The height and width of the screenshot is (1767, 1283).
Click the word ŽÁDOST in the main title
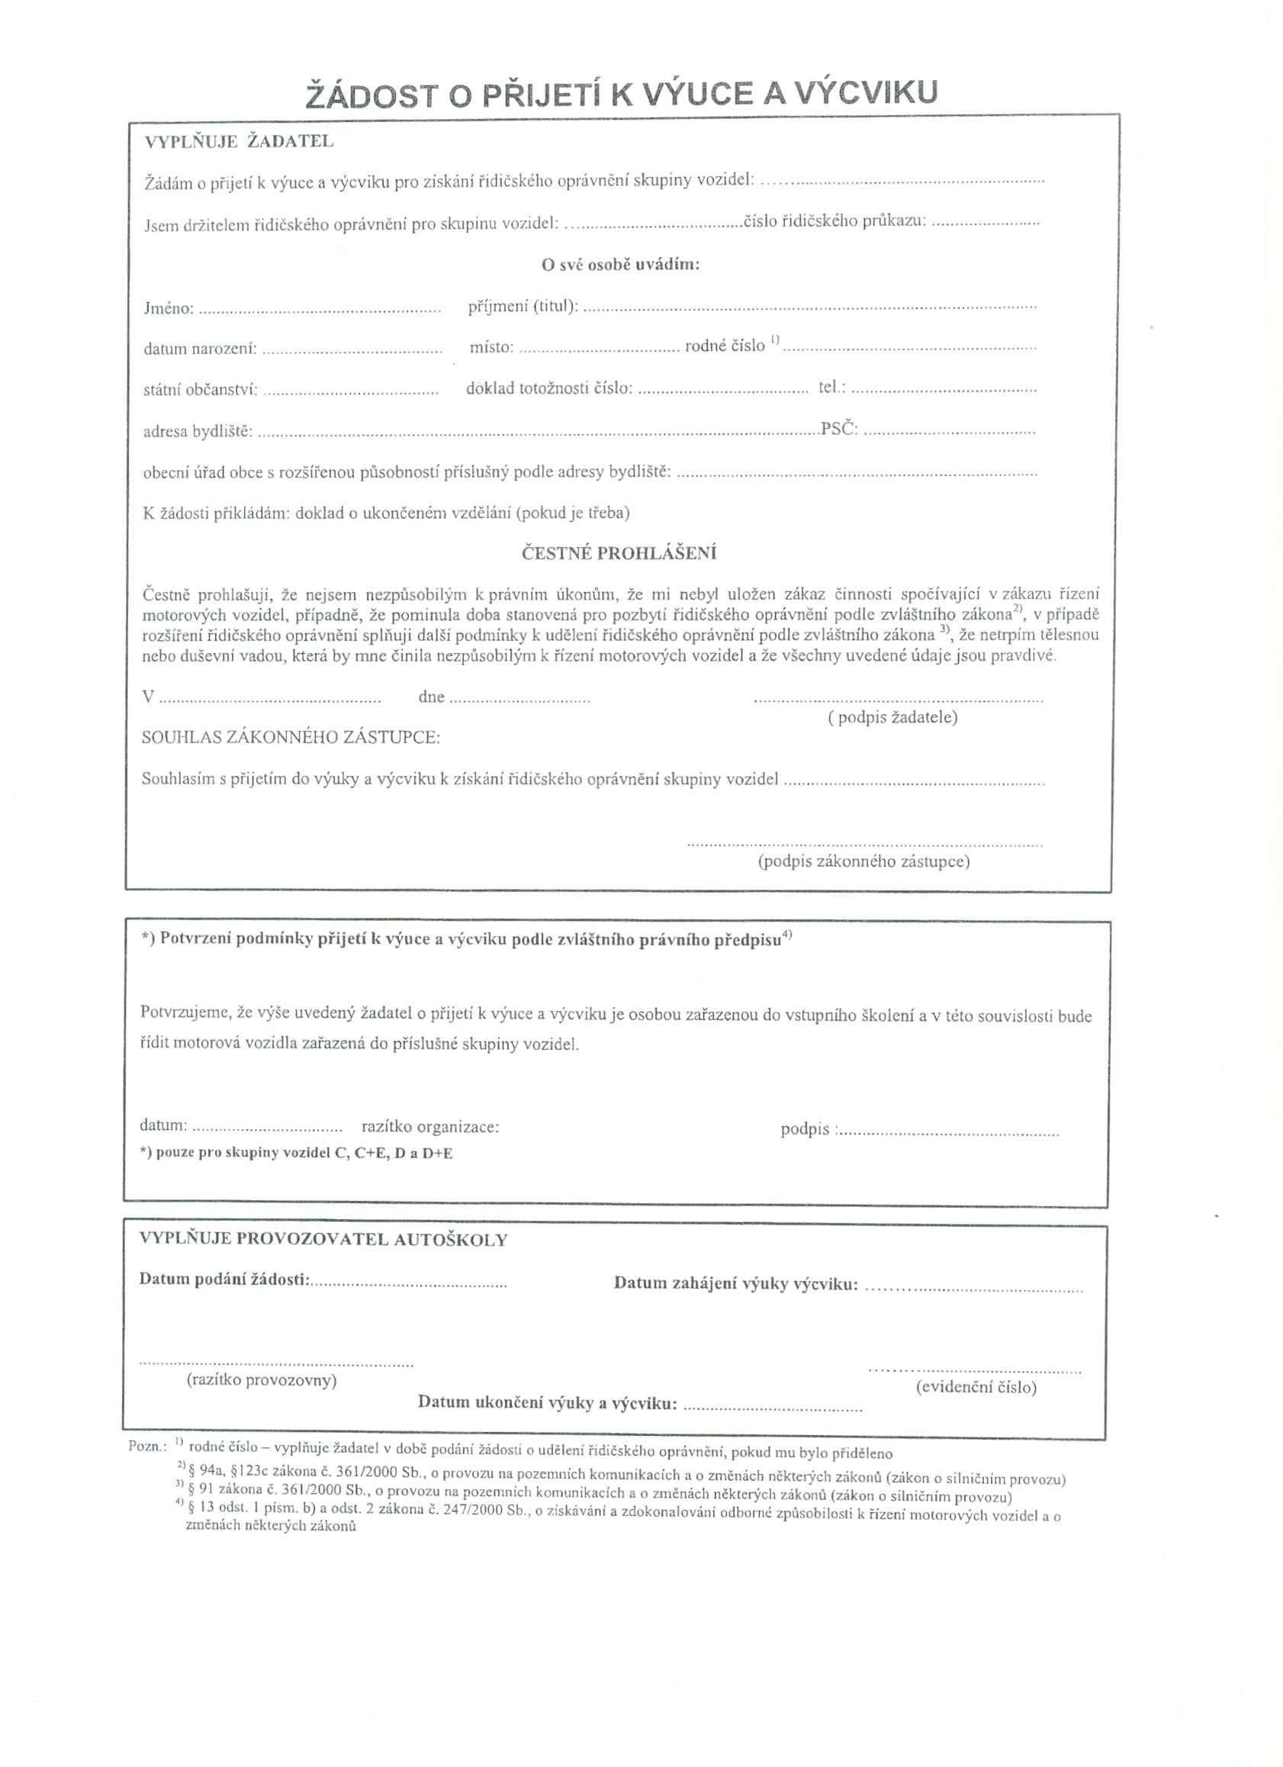point(367,96)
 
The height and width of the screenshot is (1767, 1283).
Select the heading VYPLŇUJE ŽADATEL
point(240,142)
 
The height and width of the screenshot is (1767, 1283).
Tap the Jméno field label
point(169,308)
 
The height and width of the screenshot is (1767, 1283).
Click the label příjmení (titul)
point(523,307)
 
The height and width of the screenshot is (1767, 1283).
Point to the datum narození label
point(200,349)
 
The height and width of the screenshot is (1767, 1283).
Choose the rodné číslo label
point(725,346)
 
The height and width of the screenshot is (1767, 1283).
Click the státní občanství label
point(200,390)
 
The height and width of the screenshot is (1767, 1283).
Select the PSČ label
point(839,429)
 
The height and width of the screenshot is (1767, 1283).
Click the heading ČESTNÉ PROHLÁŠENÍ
point(619,554)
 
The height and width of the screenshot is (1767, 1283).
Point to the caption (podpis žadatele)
point(892,717)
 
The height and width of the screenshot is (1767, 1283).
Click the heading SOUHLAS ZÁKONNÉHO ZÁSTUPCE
point(291,737)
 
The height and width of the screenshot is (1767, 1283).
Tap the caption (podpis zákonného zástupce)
point(864,861)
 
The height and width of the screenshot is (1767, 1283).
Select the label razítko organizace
point(430,1127)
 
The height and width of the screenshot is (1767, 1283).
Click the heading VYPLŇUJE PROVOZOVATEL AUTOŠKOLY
point(323,1240)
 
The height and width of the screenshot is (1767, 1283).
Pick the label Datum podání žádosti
point(224,1279)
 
